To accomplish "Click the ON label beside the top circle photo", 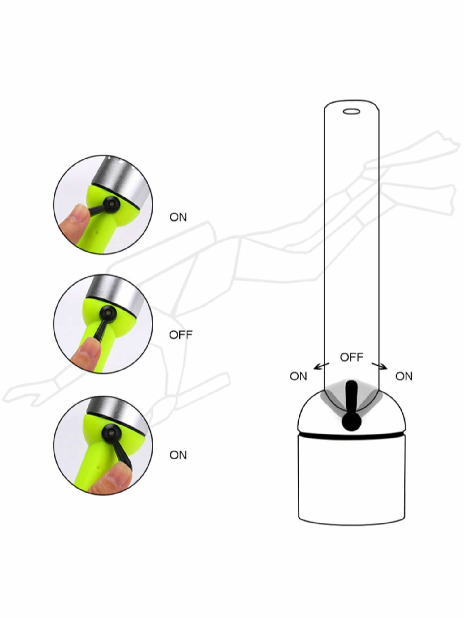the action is click(178, 217).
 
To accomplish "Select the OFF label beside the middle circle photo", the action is click(181, 335).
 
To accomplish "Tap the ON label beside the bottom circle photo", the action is click(178, 455).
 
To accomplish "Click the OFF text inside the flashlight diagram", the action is click(351, 357).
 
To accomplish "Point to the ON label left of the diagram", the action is click(298, 376).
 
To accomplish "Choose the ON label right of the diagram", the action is click(404, 376).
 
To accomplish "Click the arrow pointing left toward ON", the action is click(321, 366).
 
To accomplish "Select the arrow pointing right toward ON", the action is click(379, 366).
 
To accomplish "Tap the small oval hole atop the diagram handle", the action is click(352, 111).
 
